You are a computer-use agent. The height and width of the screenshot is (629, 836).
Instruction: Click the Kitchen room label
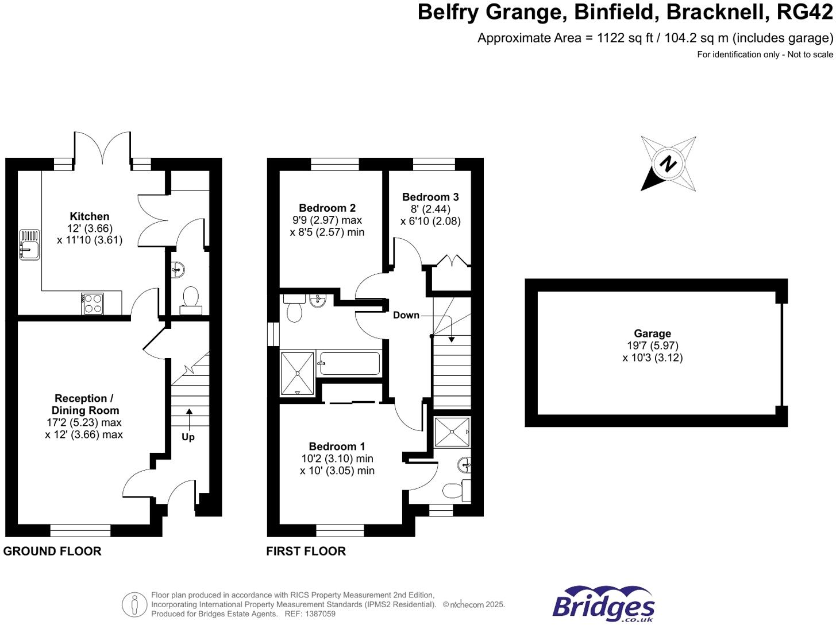[89, 216]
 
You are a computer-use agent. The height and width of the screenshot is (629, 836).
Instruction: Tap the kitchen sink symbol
[29, 244]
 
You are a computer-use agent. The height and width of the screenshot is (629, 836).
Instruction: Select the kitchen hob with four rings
[93, 303]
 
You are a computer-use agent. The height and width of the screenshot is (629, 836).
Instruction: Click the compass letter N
[668, 164]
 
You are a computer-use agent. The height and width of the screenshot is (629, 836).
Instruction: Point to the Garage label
[652, 333]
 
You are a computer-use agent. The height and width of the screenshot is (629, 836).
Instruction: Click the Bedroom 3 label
[430, 197]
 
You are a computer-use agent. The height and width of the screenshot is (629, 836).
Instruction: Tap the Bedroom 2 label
[327, 208]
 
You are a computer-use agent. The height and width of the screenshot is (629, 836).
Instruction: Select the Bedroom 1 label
[337, 446]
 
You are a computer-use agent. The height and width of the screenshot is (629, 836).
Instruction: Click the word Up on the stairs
[188, 437]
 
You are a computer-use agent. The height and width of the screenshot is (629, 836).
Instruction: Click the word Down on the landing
[406, 315]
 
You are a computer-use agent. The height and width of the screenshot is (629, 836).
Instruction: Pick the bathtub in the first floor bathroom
[349, 364]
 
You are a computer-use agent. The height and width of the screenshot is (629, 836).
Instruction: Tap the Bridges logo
[603, 604]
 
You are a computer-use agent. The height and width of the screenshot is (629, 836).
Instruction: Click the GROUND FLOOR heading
[52, 551]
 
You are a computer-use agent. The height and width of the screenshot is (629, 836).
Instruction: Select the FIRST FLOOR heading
[306, 551]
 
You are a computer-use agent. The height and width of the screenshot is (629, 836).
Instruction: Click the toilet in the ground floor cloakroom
[191, 301]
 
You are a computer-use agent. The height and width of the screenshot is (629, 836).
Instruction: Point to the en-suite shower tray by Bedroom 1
[452, 432]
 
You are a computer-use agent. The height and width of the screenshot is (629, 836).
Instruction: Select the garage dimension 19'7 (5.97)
[653, 345]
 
